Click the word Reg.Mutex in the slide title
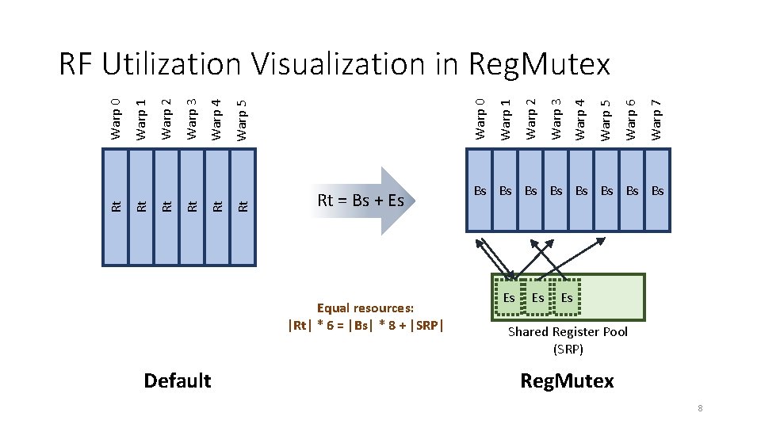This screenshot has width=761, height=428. (539, 63)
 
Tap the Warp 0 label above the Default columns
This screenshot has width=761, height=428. (117, 120)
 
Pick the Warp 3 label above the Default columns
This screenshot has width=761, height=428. (192, 120)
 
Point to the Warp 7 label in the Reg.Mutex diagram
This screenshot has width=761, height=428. (656, 117)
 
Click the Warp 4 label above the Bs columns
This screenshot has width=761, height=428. (581, 117)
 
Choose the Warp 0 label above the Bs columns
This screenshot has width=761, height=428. (480, 117)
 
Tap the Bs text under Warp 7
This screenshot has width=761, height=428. (657, 190)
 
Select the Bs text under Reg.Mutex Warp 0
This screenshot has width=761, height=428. (480, 190)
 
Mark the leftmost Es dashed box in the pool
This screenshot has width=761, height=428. (510, 298)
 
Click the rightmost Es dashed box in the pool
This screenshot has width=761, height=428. (567, 298)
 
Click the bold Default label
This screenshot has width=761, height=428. (178, 380)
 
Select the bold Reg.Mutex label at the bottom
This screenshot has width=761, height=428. (567, 380)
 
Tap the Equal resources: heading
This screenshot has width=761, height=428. (366, 308)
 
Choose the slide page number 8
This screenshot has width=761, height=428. (701, 408)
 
